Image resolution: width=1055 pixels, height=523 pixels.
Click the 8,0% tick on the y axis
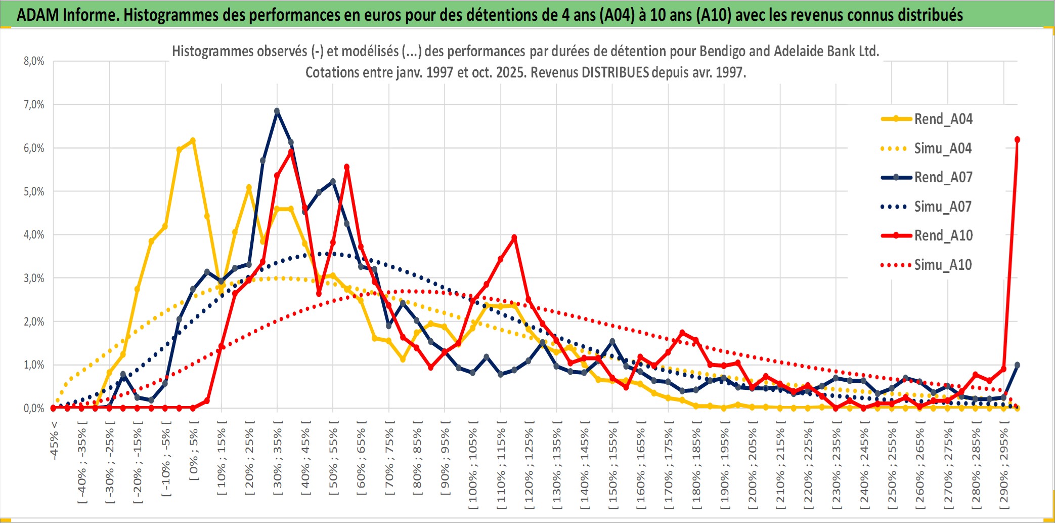34,61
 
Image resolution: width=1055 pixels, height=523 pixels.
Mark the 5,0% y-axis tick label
34,191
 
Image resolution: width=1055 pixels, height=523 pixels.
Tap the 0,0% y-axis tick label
34,408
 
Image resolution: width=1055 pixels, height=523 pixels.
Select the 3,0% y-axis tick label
34,278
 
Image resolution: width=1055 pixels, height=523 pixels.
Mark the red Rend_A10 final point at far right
1017,140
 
